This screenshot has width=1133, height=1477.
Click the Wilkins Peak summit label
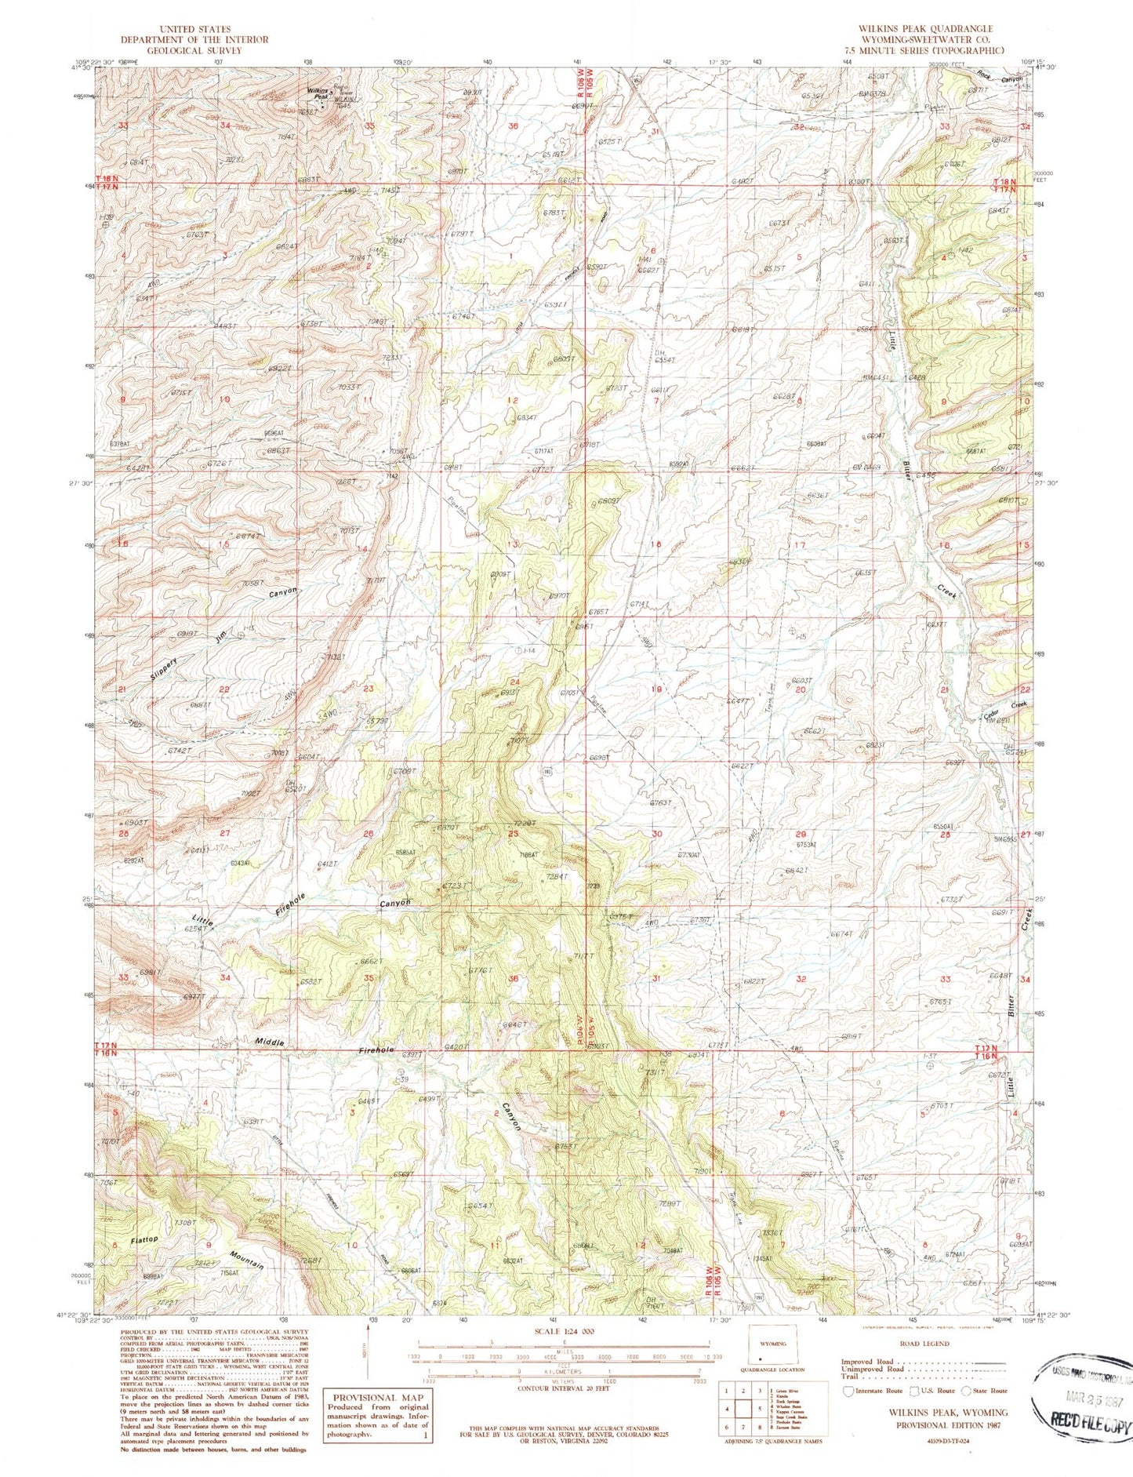(x=318, y=93)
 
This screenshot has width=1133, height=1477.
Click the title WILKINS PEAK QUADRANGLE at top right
(x=925, y=28)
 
